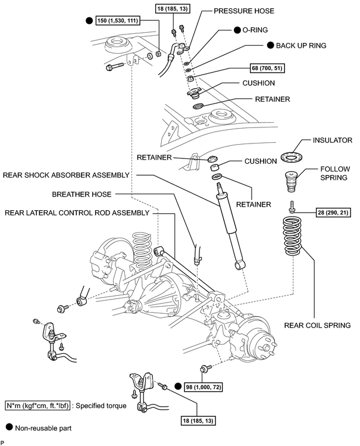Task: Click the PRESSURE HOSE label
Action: click(x=244, y=11)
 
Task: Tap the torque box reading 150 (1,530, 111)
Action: click(x=118, y=20)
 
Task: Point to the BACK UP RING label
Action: click(x=301, y=45)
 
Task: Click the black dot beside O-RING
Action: click(x=237, y=30)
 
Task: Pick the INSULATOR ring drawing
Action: click(x=292, y=157)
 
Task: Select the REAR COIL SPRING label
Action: click(x=317, y=325)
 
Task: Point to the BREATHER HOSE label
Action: click(x=82, y=194)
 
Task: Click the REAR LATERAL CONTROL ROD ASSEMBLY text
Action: click(x=77, y=213)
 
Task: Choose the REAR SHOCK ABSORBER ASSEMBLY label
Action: click(x=66, y=175)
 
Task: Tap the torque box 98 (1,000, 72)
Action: click(x=203, y=387)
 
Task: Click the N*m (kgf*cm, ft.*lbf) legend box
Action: click(x=37, y=406)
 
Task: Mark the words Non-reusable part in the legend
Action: click(x=43, y=428)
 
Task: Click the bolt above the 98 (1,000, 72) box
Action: click(x=205, y=369)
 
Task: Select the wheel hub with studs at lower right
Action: click(x=260, y=345)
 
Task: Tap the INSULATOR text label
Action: click(x=333, y=140)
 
